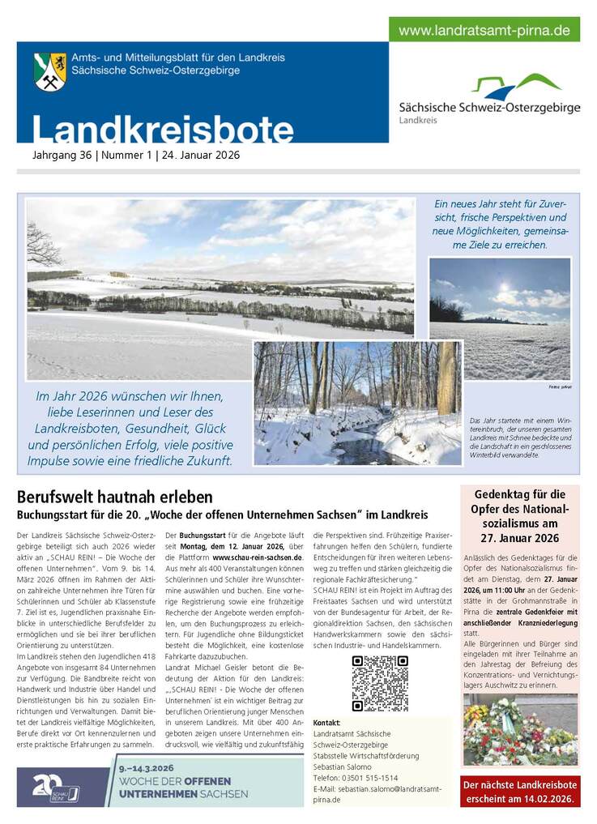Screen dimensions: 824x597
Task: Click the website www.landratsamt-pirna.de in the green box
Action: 484,31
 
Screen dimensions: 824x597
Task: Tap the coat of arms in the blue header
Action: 50,71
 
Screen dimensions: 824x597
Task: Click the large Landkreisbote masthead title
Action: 163,130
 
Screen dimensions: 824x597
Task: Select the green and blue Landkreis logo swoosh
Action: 516,85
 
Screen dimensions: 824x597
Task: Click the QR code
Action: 380,683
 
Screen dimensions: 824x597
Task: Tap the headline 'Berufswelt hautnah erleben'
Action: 115,497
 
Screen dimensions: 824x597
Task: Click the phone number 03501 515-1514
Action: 366,777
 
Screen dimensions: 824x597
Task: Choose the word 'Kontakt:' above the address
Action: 326,723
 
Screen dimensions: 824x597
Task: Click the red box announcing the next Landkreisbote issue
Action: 520,791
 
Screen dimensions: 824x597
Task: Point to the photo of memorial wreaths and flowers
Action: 520,730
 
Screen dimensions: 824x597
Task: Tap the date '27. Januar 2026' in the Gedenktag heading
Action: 519,538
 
